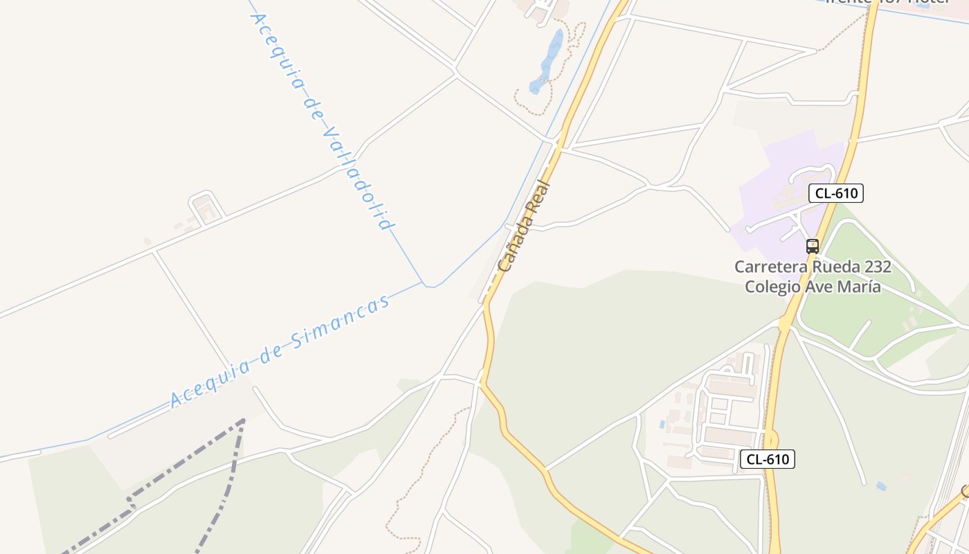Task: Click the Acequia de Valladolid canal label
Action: click(x=321, y=122)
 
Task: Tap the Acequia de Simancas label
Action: click(x=280, y=351)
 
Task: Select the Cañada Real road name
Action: click(x=524, y=226)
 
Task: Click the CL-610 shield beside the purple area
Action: click(x=836, y=193)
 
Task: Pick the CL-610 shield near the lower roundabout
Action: click(x=768, y=458)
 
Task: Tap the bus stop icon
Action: click(x=813, y=246)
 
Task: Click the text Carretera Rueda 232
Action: click(x=813, y=267)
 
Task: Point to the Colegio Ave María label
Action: click(x=813, y=287)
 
